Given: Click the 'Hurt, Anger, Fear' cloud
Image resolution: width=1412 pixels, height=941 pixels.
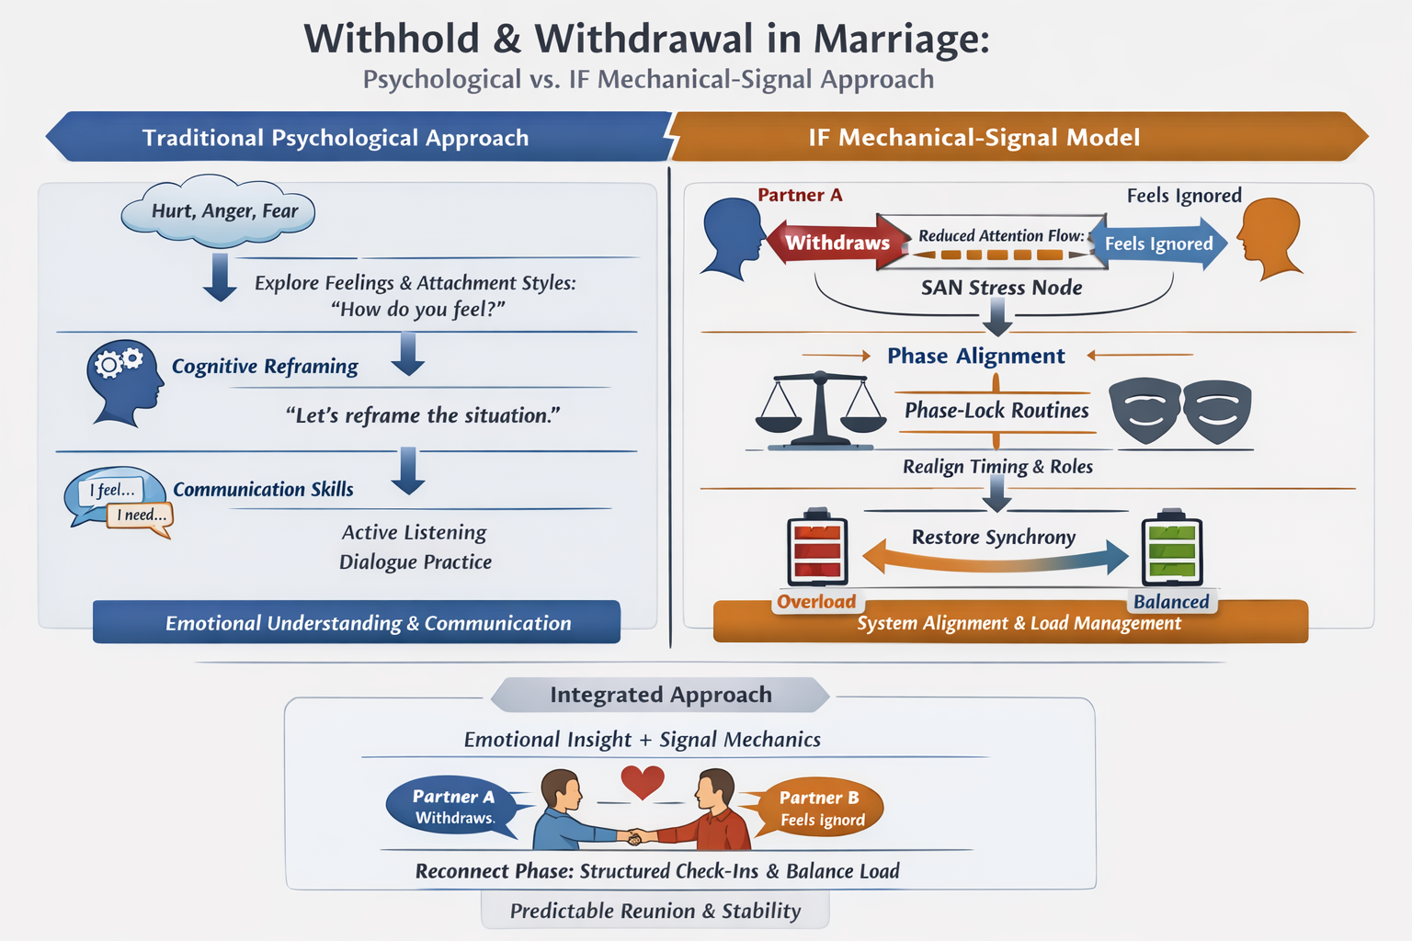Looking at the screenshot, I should point(219,211).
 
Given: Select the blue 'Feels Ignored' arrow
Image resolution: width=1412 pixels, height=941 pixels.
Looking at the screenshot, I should point(1159,244).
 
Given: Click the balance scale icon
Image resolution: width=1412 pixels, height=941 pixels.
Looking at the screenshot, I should point(818,410).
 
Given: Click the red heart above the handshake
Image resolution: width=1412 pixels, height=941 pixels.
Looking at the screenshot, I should point(643,782).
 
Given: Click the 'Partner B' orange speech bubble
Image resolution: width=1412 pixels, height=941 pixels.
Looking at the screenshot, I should point(820,808).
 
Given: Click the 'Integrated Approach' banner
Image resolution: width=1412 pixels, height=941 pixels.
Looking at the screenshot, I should point(660,695).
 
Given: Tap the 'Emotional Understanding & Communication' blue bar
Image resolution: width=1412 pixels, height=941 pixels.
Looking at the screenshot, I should point(357,622).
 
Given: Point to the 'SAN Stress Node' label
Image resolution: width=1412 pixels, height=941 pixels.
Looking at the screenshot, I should point(1001,288).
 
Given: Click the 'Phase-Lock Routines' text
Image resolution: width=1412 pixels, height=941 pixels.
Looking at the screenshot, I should point(996,410).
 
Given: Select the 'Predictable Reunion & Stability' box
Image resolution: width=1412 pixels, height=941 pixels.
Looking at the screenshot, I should point(655,911).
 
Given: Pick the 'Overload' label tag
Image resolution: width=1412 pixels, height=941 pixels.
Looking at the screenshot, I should point(816,602).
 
